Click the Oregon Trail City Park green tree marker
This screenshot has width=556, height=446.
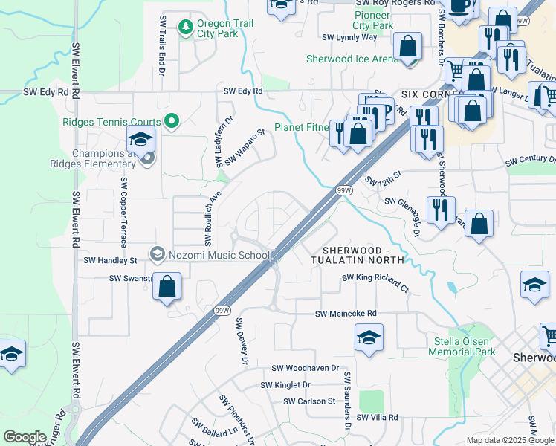pos(185,28)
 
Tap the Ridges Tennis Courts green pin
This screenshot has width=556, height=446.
pos(172,120)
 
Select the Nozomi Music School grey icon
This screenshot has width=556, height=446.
pos(157,255)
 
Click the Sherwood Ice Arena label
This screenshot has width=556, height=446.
pos(353,59)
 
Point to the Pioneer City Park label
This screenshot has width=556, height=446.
pos(373,20)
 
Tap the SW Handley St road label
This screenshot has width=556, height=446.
pos(110,261)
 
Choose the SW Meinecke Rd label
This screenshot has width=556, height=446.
pos(346,314)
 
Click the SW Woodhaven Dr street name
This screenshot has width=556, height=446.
pos(305,368)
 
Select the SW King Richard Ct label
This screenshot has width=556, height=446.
pos(375,282)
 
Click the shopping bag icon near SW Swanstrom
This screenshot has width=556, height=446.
pos(168,286)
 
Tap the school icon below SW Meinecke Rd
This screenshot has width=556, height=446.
pos(369,337)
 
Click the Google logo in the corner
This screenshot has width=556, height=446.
pos(25,437)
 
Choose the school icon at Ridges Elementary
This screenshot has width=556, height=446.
pos(140,138)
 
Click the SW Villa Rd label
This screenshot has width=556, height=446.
pos(377,418)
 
